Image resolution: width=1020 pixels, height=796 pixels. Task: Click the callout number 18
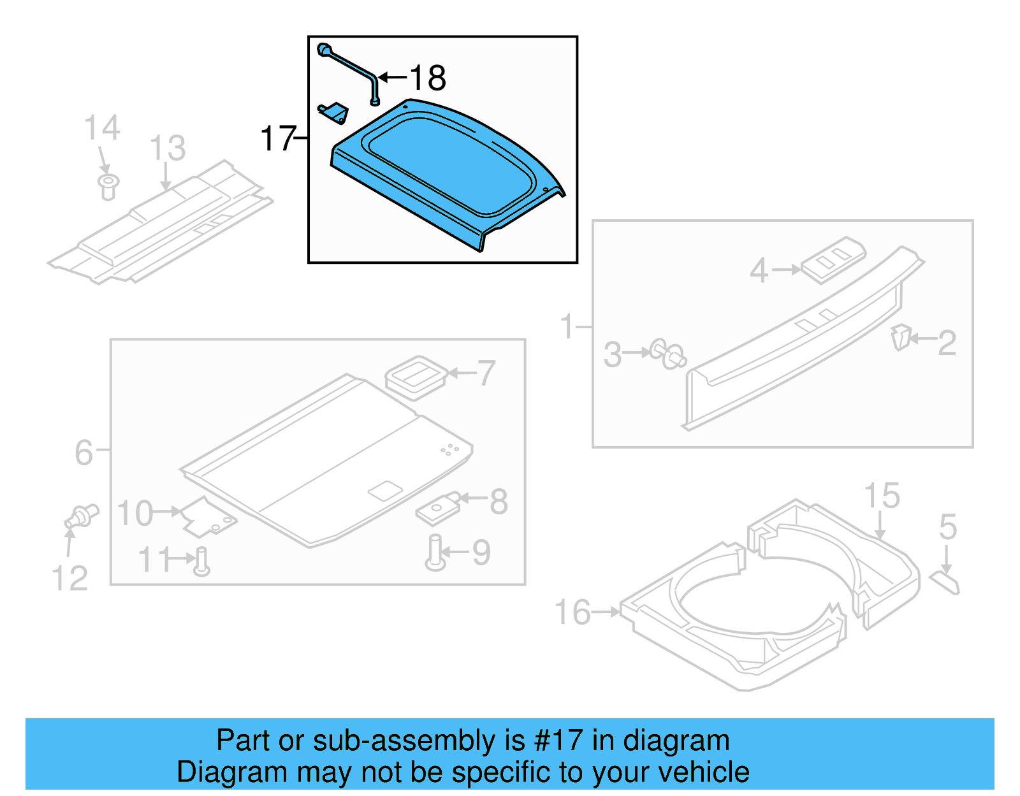(428, 78)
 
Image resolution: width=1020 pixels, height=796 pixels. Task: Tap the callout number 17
(278, 138)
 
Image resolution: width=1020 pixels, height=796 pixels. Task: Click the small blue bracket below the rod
(334, 113)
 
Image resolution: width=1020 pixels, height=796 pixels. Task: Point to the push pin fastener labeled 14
(108, 186)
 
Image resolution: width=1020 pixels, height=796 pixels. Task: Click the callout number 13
(167, 148)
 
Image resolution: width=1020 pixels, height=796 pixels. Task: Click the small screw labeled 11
(201, 561)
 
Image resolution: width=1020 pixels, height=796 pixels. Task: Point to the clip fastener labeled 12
(82, 516)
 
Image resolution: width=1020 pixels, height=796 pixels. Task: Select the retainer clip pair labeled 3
(667, 354)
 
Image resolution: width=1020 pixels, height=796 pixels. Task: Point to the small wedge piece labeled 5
(944, 582)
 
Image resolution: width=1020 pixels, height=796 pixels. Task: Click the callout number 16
(572, 612)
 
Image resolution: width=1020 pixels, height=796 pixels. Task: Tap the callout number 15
(882, 496)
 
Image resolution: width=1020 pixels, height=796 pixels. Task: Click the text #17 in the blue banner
(558, 741)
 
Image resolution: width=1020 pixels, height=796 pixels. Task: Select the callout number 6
(84, 452)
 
